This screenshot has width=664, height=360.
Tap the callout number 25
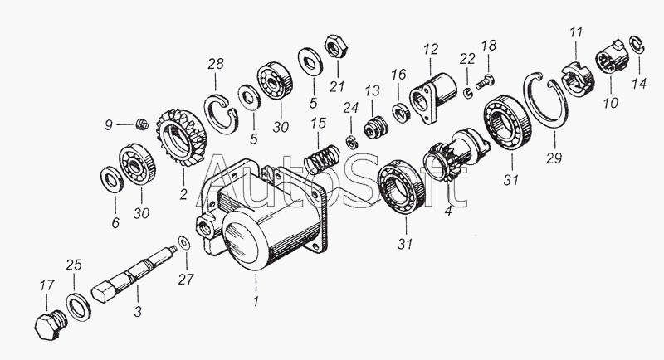tap(74, 265)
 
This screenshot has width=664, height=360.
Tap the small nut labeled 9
tap(140, 126)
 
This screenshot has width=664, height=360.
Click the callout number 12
tap(430, 49)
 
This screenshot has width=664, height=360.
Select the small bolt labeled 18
tap(487, 77)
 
